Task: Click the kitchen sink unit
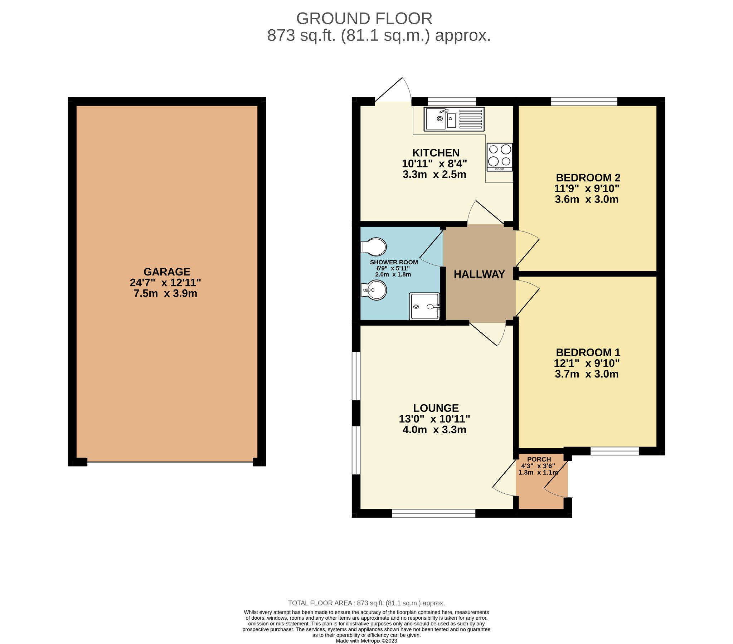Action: click(454, 119)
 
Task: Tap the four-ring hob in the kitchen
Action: click(500, 157)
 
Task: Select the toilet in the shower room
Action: click(373, 247)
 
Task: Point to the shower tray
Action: click(424, 306)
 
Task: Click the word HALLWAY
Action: click(479, 274)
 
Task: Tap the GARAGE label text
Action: click(167, 272)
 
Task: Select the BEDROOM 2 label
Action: click(588, 177)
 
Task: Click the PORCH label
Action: click(539, 459)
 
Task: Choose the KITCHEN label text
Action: click(436, 153)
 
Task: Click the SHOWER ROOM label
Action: click(394, 262)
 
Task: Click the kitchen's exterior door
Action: click(393, 92)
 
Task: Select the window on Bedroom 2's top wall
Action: click(584, 102)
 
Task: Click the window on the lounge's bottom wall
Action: click(433, 513)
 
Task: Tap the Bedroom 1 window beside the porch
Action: click(615, 451)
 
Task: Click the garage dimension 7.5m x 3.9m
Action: click(165, 294)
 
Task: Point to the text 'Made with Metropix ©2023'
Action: click(366, 641)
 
